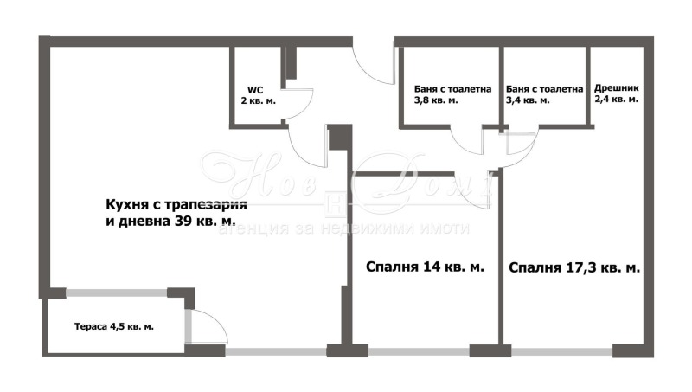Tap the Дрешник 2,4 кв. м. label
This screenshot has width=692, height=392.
coord(616,93)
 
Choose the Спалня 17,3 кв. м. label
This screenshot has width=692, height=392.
coord(574,268)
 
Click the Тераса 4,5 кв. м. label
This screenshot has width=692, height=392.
coord(113,326)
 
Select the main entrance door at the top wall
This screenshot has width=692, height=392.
coord(374,62)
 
